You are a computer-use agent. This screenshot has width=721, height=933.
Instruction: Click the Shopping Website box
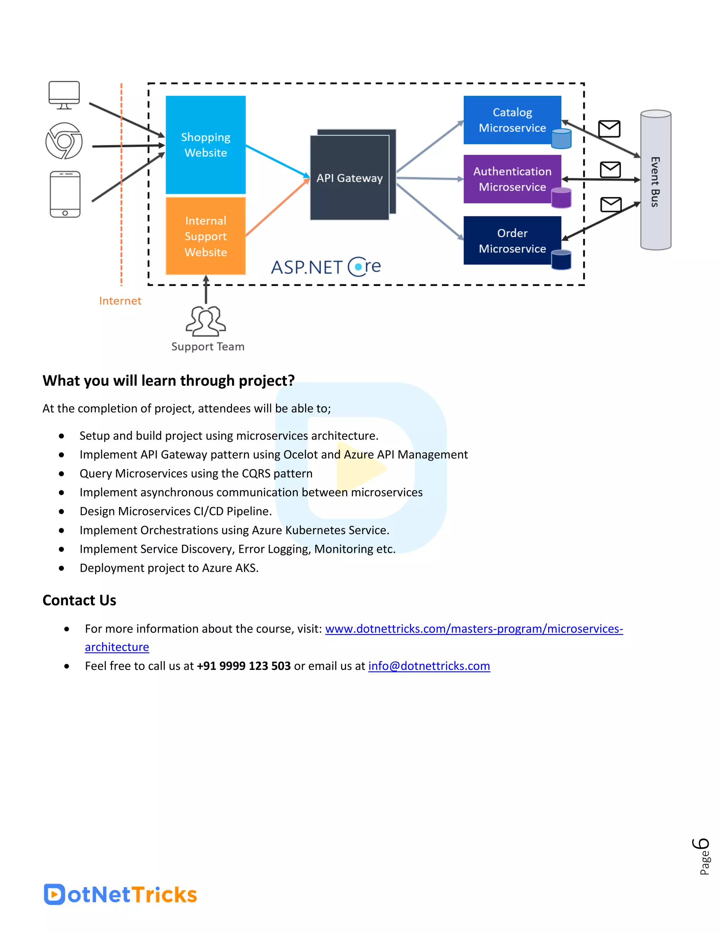206,145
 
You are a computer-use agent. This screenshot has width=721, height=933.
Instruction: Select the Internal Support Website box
206,236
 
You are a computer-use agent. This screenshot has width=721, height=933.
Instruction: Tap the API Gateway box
349,178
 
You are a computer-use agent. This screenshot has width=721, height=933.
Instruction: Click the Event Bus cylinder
655,180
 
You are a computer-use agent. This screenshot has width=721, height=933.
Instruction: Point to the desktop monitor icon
64,95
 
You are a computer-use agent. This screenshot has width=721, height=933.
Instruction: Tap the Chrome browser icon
64,141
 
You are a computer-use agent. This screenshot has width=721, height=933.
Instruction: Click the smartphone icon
65,194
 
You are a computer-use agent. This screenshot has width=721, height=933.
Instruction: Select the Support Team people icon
206,321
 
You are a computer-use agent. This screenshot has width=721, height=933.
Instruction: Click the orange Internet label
120,301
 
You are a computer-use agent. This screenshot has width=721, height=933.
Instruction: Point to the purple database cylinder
561,198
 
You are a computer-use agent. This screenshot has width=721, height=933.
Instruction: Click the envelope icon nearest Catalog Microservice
609,129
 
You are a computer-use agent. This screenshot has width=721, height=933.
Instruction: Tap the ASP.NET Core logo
326,267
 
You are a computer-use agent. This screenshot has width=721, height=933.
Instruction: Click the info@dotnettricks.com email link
429,666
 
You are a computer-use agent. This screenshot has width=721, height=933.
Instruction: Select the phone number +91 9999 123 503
244,666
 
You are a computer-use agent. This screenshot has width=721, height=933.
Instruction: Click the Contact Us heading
80,600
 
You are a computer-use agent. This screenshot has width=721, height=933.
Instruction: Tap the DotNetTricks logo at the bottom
120,894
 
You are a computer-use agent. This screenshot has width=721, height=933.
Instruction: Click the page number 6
701,845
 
